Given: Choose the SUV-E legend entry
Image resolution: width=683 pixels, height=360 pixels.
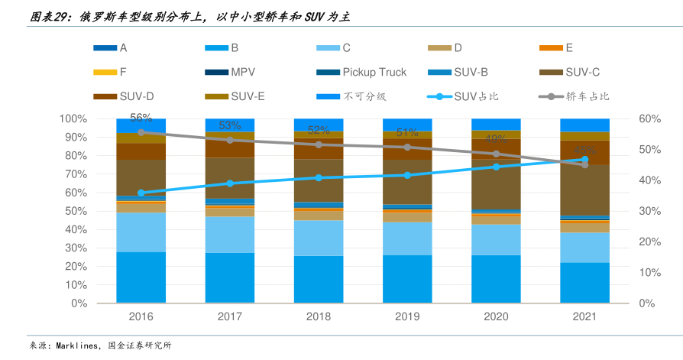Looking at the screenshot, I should click(x=248, y=97).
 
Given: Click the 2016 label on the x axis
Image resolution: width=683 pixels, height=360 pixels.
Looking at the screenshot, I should click(x=141, y=316).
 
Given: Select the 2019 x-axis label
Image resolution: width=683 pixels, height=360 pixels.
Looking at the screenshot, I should click(x=407, y=316).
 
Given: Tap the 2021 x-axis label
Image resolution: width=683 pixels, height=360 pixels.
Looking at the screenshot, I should click(x=584, y=316).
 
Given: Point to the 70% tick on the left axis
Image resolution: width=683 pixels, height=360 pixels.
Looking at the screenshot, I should click(x=75, y=174).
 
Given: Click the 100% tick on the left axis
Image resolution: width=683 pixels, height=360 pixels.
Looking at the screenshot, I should click(x=73, y=119).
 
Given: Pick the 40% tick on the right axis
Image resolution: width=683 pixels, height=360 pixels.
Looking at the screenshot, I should click(x=649, y=180).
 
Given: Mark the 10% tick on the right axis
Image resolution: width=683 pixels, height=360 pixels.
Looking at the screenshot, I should click(x=649, y=273).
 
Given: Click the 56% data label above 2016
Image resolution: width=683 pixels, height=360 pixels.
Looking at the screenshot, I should click(x=141, y=118).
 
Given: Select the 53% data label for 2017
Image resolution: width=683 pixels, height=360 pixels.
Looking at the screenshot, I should click(x=230, y=125).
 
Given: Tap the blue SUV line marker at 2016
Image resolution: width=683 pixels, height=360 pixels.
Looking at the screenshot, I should click(x=141, y=193).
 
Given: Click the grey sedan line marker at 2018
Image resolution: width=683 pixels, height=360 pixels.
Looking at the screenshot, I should click(x=319, y=144).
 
